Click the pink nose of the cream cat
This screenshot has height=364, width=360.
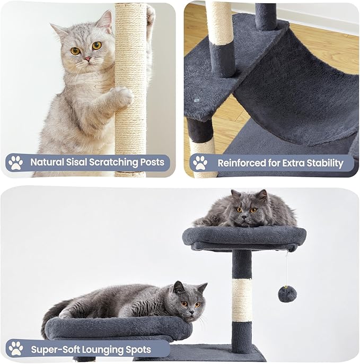click(x=87, y=59)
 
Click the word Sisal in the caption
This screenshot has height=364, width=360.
click(x=76, y=162)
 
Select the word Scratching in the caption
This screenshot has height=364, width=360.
click(x=113, y=162)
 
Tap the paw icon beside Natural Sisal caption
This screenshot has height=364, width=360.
click(x=15, y=163)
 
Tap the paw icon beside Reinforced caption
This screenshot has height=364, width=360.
click(x=200, y=163)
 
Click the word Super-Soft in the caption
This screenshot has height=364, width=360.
click(x=55, y=349)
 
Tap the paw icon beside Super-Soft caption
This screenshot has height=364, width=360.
click(x=16, y=348)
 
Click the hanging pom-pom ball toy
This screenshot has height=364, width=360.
click(x=287, y=294)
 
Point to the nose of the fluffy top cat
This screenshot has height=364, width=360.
click(x=244, y=217)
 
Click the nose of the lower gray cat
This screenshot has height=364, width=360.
click(x=191, y=312)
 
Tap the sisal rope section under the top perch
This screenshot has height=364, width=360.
click(x=242, y=300)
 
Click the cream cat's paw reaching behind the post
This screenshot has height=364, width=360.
click(x=151, y=15)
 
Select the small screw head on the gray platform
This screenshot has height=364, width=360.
click(x=197, y=100)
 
